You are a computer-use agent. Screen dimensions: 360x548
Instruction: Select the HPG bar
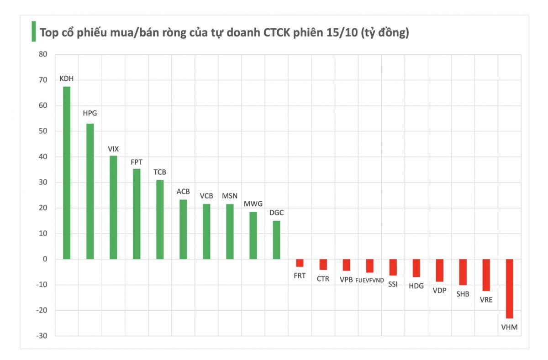click(90, 191)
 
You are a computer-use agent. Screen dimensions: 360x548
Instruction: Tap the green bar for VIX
click(113, 207)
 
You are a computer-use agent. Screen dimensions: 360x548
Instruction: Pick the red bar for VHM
click(509, 288)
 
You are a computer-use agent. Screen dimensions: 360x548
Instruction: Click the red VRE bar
click(486, 275)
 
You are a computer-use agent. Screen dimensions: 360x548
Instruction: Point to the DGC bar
click(276, 240)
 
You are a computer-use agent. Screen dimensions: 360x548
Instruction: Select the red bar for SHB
click(463, 272)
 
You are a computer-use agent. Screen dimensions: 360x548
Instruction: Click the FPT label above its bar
click(137, 162)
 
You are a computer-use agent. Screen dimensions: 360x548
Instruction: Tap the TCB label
click(160, 172)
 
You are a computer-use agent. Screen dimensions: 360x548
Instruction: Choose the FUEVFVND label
click(369, 280)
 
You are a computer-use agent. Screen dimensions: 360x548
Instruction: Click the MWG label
click(253, 203)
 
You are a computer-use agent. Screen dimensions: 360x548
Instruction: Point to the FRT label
click(300, 276)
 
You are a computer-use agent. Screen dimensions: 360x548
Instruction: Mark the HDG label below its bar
click(416, 286)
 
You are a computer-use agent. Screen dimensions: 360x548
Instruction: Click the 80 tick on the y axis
click(43, 54)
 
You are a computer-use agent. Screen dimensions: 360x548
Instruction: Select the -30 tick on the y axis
click(42, 336)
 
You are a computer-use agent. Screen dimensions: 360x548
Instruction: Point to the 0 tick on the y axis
click(45, 259)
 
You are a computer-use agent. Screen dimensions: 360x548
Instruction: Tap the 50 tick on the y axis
click(43, 131)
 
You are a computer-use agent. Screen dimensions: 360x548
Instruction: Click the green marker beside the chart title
click(33, 31)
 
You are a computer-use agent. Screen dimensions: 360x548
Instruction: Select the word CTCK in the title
click(276, 33)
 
